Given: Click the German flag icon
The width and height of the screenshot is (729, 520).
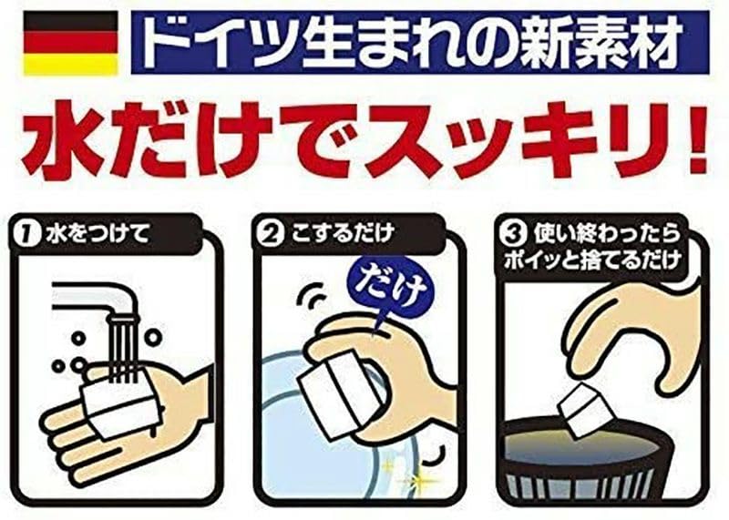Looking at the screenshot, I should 70,43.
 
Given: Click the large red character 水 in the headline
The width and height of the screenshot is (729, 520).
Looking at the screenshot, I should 66,143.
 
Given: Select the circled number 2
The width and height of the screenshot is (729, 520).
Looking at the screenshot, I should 271,233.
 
